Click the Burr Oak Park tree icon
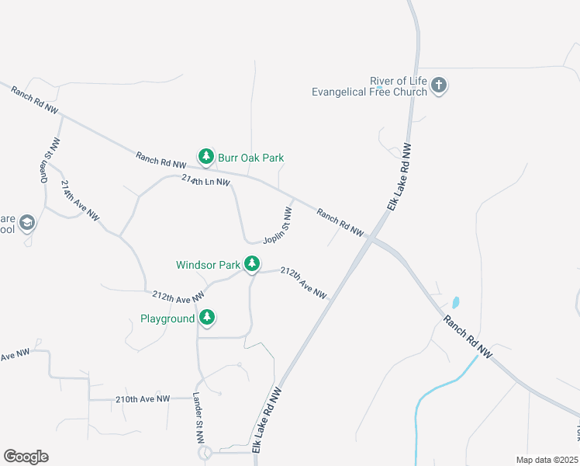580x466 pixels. [x=205, y=157]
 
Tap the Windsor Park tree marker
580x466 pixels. [x=252, y=264]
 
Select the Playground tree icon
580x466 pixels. [x=206, y=318]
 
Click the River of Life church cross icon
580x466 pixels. [x=439, y=85]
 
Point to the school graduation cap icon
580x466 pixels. [x=27, y=224]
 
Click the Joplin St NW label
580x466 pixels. [x=278, y=226]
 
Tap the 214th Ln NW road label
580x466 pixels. [x=205, y=181]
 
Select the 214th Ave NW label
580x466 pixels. [x=81, y=203]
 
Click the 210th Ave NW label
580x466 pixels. [x=142, y=399]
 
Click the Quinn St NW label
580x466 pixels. [x=50, y=161]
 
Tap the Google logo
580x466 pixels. [x=26, y=457]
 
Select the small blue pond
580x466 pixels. [x=455, y=301]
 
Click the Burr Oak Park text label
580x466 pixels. [x=250, y=158]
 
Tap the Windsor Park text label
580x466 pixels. [x=208, y=265]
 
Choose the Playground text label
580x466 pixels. [x=167, y=318]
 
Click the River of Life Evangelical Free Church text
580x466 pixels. [x=369, y=86]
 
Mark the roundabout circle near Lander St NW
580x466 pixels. [x=205, y=452]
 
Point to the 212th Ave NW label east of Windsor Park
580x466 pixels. [x=303, y=283]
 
